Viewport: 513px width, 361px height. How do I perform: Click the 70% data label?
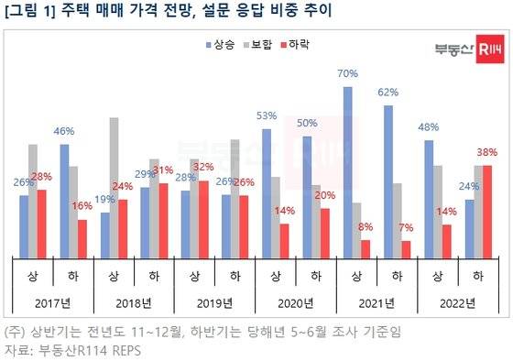[x=347, y=72]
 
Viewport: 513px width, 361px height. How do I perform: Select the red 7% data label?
[x=407, y=226]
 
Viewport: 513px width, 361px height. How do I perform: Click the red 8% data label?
[x=366, y=225]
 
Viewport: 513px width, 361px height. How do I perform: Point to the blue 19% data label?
[x=104, y=198]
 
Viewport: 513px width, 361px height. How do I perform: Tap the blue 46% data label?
[x=64, y=132]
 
